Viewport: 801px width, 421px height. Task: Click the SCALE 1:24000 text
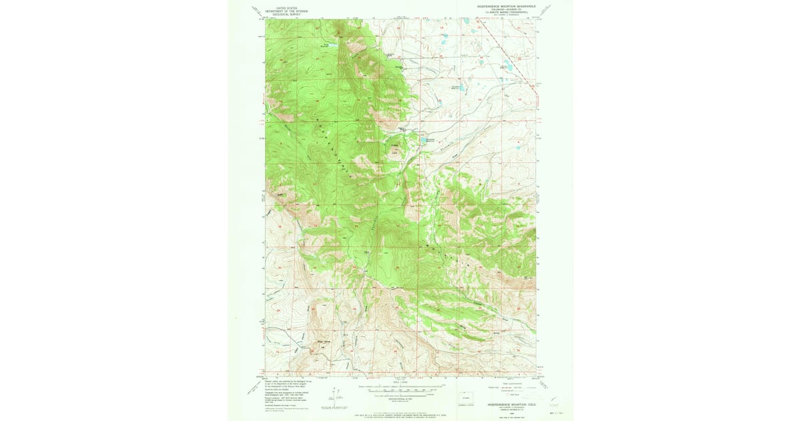pyautogui.click(x=400, y=382)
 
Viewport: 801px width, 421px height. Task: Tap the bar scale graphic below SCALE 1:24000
pyautogui.click(x=400, y=389)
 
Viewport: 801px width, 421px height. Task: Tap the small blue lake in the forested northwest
pyautogui.click(x=328, y=45)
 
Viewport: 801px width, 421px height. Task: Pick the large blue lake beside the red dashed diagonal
pyautogui.click(x=507, y=67)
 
